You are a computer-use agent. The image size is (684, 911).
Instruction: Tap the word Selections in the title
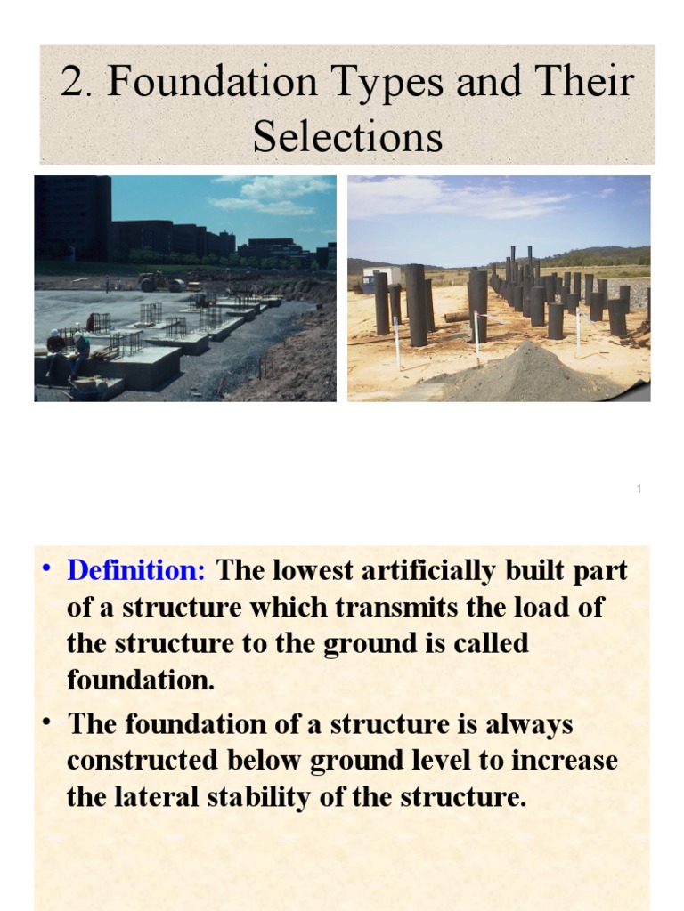coord(347,137)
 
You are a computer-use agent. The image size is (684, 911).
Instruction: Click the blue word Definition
coord(136,570)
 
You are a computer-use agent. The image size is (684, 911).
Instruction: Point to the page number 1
coord(639,489)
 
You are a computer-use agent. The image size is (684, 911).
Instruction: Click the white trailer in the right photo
coord(381,275)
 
